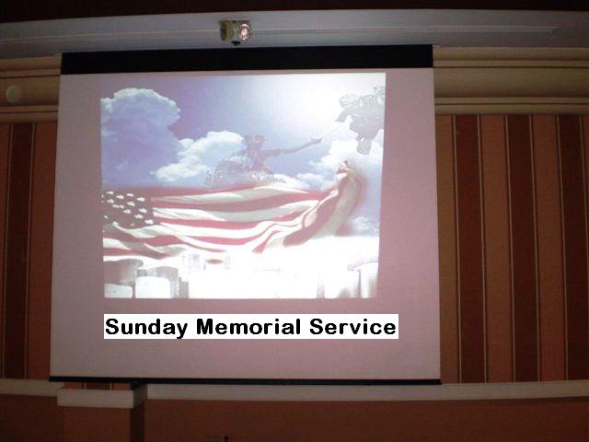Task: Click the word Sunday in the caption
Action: coord(146,327)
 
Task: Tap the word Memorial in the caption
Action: coord(248,326)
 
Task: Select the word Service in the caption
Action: coord(352,326)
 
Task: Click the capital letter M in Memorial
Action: coord(206,326)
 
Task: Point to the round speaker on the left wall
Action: coord(14,94)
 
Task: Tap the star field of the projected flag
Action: coord(126,210)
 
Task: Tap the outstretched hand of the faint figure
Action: coord(318,141)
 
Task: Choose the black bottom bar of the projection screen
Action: coord(245,380)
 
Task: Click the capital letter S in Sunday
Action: coord(112,326)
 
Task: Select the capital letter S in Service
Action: coord(317,326)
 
